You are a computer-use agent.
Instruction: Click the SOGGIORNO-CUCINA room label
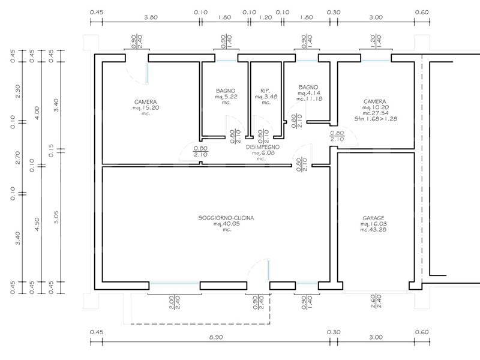[x=226, y=218]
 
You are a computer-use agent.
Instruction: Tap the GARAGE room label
[x=373, y=218]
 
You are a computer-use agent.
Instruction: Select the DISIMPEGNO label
[x=263, y=147]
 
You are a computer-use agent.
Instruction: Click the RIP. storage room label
[x=265, y=91]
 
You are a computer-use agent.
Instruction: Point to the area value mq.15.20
[x=146, y=108]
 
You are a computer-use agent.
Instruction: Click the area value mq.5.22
[x=226, y=97]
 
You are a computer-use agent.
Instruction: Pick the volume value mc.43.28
[x=373, y=230]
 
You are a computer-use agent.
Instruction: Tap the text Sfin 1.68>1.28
[x=376, y=119]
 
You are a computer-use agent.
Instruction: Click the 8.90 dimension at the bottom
[x=216, y=337]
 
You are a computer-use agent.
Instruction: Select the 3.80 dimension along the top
[x=151, y=17]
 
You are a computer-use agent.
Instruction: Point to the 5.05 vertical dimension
[x=56, y=217]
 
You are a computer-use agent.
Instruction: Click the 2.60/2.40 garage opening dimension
[x=376, y=302]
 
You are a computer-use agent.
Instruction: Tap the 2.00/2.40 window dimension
[x=175, y=302]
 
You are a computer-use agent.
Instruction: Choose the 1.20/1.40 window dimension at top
[x=376, y=41]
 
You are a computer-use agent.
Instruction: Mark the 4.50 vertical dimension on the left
[x=37, y=224]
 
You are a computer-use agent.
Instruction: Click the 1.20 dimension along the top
[x=265, y=17]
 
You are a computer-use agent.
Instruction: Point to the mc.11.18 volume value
[x=309, y=99]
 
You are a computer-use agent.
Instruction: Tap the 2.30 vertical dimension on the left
[x=17, y=91]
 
